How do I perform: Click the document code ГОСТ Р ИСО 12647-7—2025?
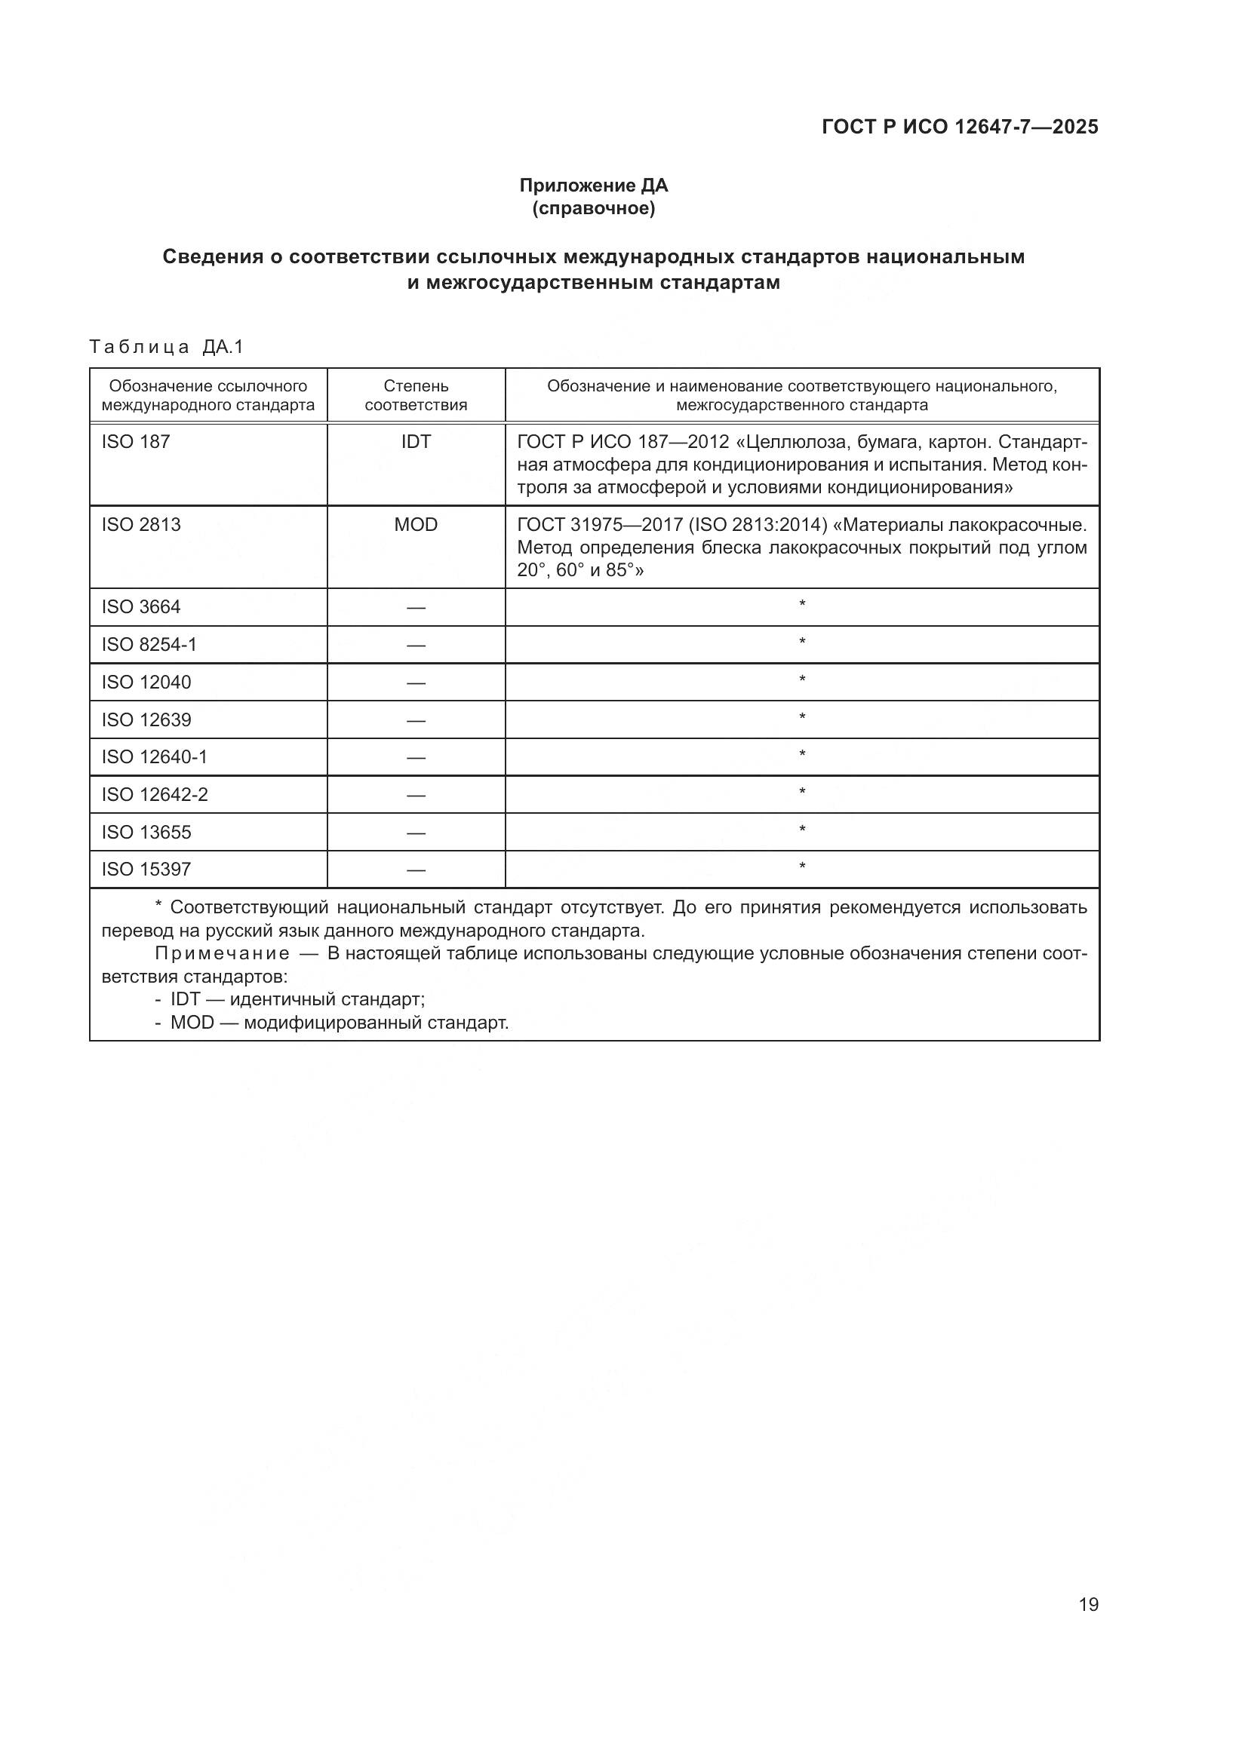pos(960,127)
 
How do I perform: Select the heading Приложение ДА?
pos(593,186)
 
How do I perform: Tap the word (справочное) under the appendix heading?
pos(593,208)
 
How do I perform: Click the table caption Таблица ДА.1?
pos(166,347)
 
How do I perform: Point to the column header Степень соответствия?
pos(416,395)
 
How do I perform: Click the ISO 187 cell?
pos(136,442)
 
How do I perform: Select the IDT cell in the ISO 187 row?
pos(416,442)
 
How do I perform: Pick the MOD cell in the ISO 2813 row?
pos(416,525)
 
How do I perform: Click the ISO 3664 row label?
pos(141,607)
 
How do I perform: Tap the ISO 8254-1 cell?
pos(149,645)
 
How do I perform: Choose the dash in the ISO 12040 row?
pos(416,683)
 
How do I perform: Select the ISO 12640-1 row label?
pos(155,756)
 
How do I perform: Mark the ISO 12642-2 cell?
pos(155,794)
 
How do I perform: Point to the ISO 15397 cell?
pos(146,869)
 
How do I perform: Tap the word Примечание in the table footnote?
pos(222,953)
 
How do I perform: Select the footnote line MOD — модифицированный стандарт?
pos(339,1023)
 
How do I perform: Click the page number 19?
pos(1088,1604)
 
